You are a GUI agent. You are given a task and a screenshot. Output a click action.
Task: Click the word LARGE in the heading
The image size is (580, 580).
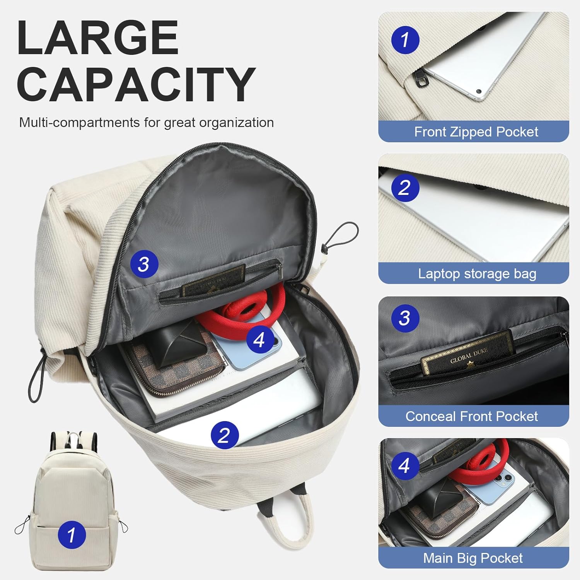point(97,38)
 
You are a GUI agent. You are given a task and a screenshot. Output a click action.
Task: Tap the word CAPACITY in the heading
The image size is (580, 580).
point(136,84)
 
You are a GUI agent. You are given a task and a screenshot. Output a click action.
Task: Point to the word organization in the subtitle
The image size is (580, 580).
point(238,123)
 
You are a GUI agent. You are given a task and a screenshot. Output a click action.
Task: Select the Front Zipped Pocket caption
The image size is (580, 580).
point(476,132)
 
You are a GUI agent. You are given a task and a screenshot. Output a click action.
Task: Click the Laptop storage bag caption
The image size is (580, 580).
point(477,274)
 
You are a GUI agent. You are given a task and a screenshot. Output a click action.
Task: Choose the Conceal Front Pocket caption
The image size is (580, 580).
point(471,416)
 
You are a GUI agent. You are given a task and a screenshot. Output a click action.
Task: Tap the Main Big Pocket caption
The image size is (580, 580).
point(473,558)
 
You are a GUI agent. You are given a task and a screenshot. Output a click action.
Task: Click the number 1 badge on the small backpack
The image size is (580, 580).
point(72,535)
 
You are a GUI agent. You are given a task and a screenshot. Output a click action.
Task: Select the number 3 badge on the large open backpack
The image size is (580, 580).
point(143,264)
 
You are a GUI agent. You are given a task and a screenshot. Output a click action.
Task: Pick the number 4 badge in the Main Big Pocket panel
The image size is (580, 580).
point(404,465)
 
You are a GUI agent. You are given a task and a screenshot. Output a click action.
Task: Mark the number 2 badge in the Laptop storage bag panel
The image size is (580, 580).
point(404,188)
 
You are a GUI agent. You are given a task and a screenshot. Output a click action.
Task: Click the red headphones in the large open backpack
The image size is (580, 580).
point(247,309)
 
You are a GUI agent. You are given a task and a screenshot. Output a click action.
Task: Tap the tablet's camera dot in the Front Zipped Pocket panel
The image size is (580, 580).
point(478,92)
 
